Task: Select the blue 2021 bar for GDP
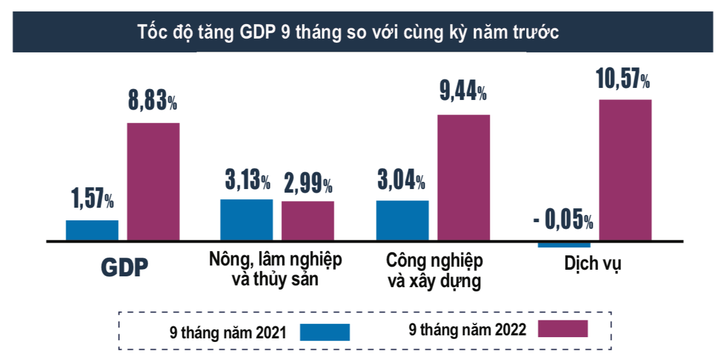92,231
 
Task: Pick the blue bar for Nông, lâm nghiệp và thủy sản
246,220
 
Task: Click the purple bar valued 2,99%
308,221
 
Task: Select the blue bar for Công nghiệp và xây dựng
402,220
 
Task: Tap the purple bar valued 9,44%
463,178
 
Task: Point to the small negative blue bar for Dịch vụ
564,244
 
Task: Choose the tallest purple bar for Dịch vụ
625,170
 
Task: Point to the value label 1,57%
92,199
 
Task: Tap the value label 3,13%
248,179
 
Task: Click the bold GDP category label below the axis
123,268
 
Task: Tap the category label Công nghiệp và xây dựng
434,271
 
